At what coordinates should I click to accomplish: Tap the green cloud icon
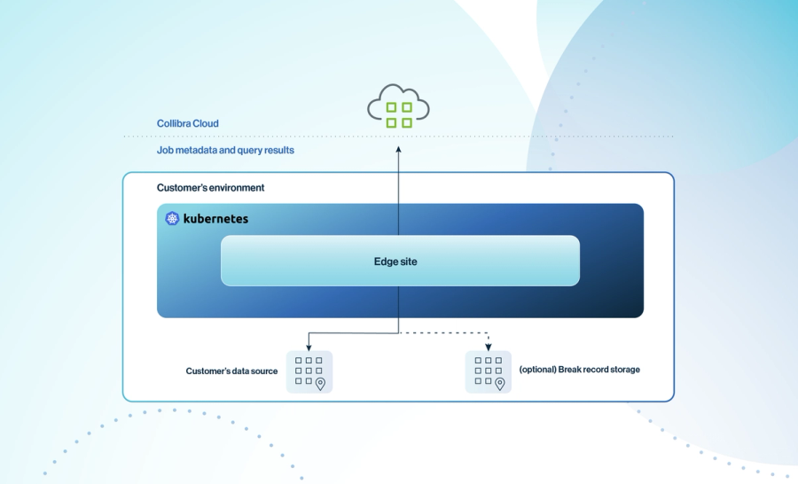(x=398, y=107)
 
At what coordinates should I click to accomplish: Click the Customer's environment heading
(x=210, y=188)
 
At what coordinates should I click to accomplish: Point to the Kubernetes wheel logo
(x=172, y=218)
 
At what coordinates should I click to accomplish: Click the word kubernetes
(x=215, y=218)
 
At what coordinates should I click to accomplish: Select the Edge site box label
(x=395, y=262)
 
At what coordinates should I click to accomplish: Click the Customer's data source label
(x=231, y=371)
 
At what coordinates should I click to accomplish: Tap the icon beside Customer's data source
(x=309, y=371)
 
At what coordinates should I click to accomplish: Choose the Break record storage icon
(x=488, y=371)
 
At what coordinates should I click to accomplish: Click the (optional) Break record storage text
(x=579, y=370)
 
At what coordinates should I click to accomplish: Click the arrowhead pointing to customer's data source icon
(x=309, y=346)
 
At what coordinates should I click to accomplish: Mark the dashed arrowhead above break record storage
(x=488, y=346)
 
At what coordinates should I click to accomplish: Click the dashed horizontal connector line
(x=443, y=333)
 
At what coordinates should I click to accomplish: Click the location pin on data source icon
(x=320, y=384)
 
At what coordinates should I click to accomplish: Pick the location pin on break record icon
(x=499, y=384)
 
